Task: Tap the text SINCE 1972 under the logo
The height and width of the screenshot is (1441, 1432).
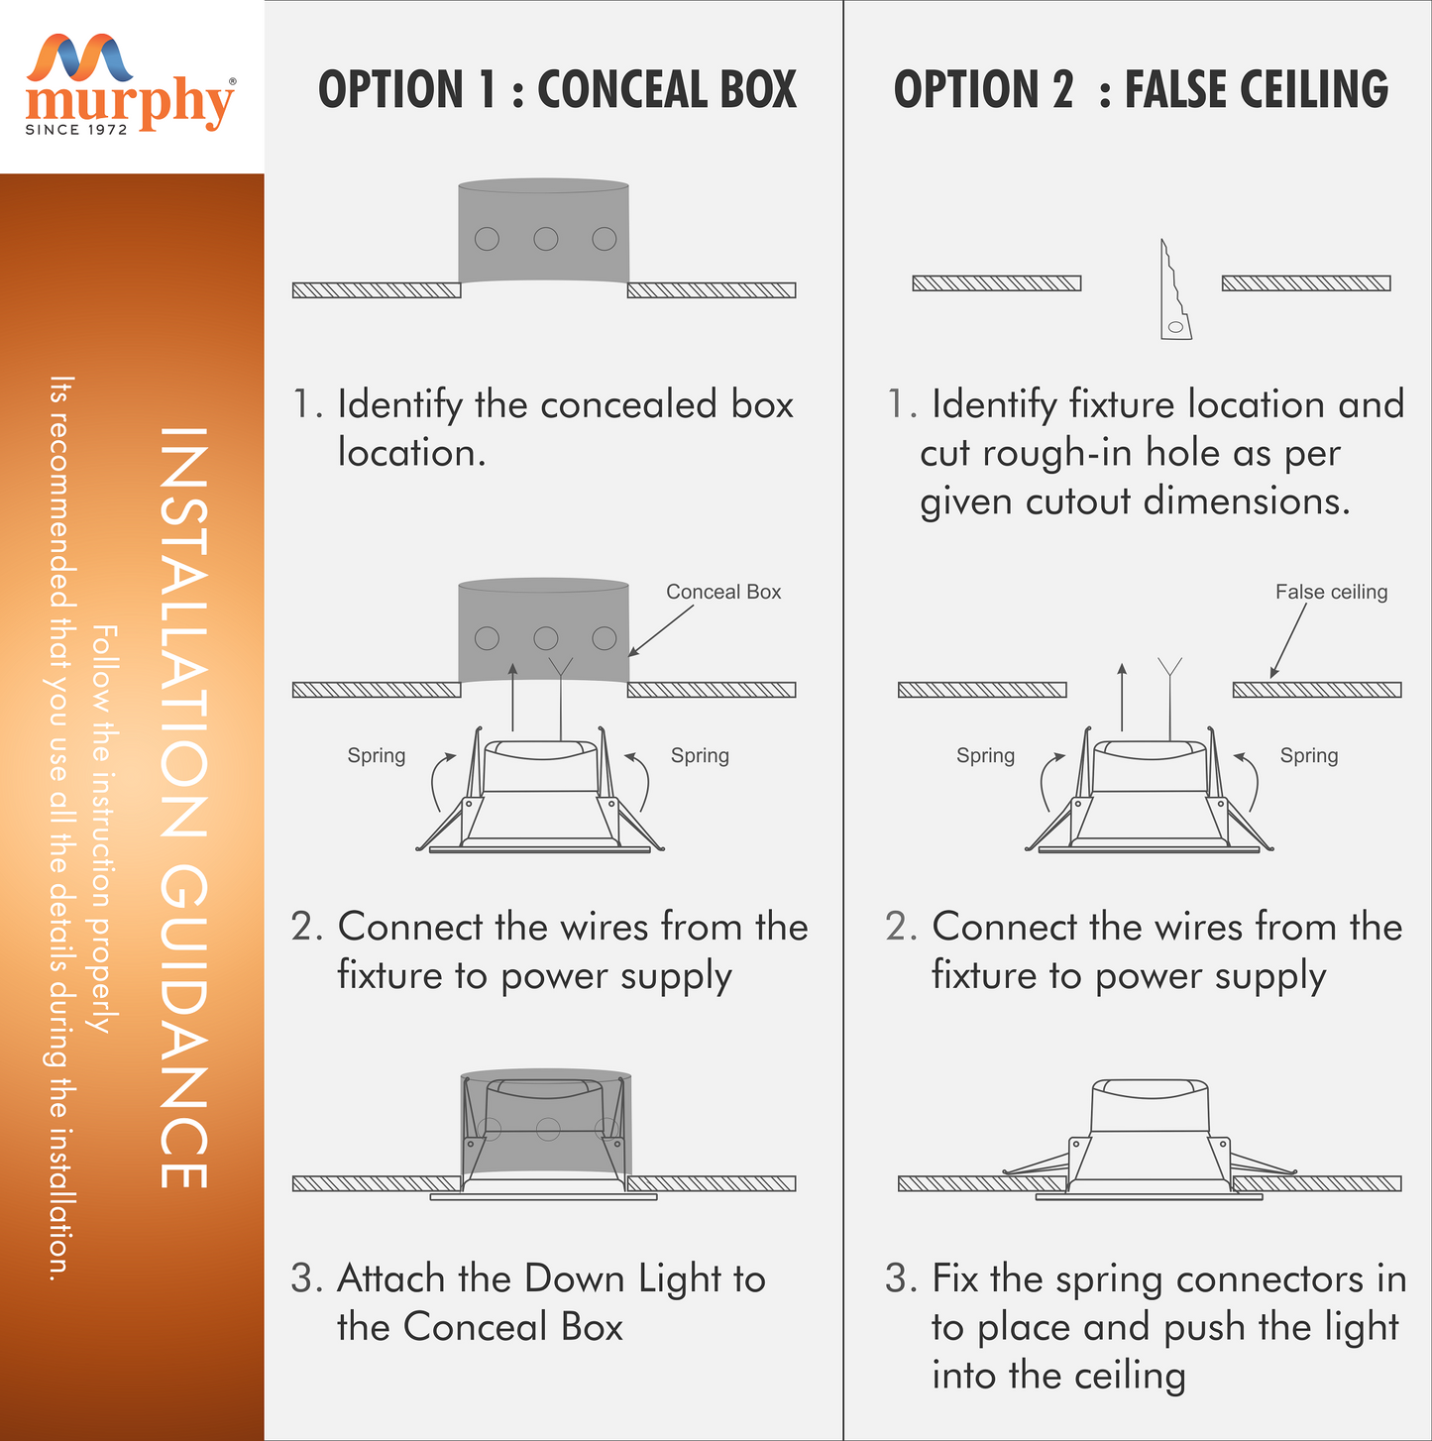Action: [x=76, y=130]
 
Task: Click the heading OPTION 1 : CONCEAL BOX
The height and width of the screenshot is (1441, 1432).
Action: [x=557, y=90]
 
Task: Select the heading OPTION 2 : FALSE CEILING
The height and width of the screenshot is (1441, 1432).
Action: [x=1141, y=90]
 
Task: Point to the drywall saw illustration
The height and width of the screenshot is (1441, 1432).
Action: [x=1174, y=290]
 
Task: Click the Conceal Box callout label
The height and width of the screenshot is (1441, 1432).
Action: [x=723, y=592]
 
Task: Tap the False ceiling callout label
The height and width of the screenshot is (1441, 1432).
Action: [x=1331, y=592]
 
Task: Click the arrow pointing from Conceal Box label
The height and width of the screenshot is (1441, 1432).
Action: [x=660, y=630]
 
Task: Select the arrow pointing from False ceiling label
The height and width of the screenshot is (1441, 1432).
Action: [x=1287, y=641]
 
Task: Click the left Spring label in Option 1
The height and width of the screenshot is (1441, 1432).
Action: [x=377, y=755]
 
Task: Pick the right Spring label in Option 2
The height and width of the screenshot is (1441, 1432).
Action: [x=1308, y=755]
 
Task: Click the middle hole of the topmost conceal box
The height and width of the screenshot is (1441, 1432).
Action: [x=546, y=239]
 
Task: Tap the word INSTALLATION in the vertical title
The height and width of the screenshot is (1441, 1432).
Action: [x=183, y=631]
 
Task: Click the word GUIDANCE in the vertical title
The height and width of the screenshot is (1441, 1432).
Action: [x=183, y=1026]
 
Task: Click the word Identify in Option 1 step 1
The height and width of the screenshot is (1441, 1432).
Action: [x=400, y=405]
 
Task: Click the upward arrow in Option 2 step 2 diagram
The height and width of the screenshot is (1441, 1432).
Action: [x=1122, y=697]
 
